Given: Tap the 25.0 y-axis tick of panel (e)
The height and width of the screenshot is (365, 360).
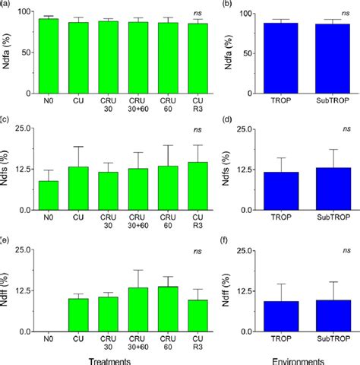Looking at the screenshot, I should (x=24, y=249).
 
